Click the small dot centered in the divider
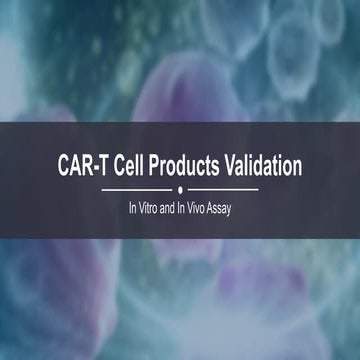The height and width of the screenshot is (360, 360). [180, 188]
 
